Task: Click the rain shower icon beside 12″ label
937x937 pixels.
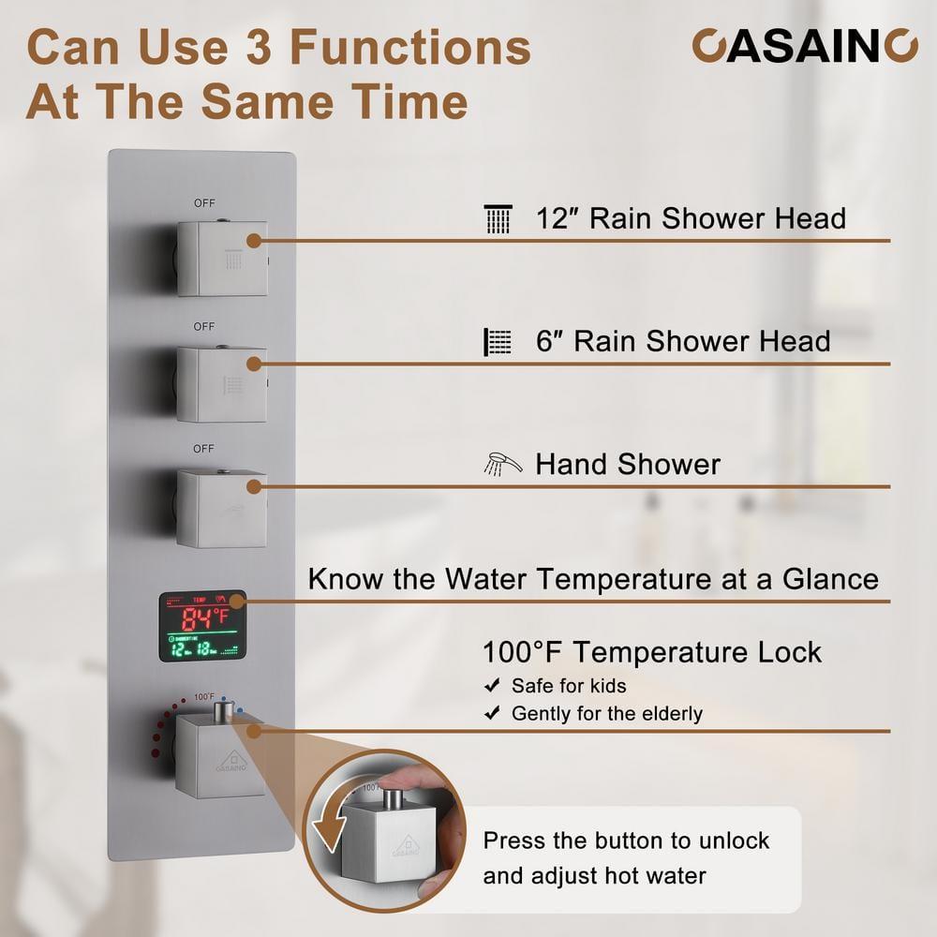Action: [x=499, y=219]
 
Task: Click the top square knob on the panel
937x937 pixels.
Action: [x=221, y=258]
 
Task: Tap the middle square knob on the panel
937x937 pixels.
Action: [x=221, y=383]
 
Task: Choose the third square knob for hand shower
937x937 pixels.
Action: [x=221, y=509]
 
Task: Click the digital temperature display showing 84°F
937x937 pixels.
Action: [x=202, y=625]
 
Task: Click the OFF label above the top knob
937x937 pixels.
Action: [x=204, y=202]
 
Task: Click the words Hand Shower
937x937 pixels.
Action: [x=628, y=464]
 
